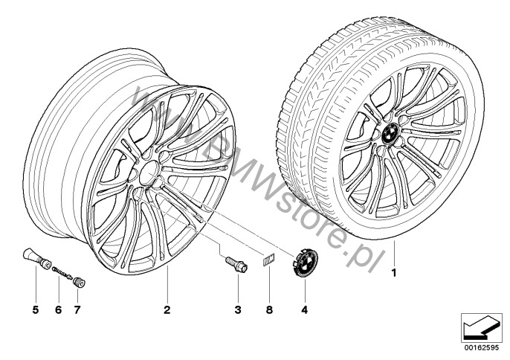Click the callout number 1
tap(394, 273)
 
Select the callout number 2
tap(167, 310)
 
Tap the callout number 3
tap(238, 310)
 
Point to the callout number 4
tap(304, 310)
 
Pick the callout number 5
tap(36, 310)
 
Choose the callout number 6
tap(58, 310)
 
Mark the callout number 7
tap(77, 310)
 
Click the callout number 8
tap(269, 310)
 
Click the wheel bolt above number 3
tap(236, 265)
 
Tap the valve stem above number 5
tap(36, 258)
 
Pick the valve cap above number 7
tap(79, 282)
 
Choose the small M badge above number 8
tap(269, 260)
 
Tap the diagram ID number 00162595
tap(480, 347)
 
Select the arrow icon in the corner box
tap(480, 328)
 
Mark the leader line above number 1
tap(394, 253)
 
